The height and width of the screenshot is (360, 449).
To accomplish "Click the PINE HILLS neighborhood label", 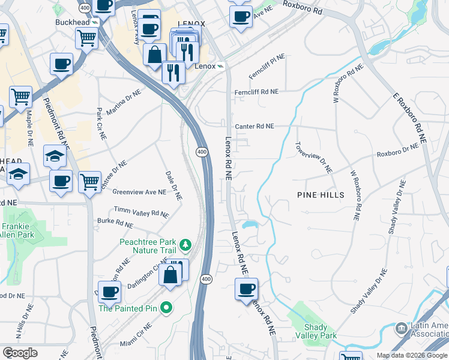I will click(x=321, y=195).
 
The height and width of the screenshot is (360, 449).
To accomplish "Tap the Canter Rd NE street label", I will click(x=254, y=127).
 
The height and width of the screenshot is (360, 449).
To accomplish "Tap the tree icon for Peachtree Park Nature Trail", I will click(x=186, y=244).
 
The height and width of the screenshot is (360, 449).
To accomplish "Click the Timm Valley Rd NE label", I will click(x=142, y=213).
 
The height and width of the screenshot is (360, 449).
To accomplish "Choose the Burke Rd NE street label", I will click(x=115, y=223).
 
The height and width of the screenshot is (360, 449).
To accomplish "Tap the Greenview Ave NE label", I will click(x=139, y=193).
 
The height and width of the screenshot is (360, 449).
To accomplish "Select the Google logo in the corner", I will click(x=20, y=352).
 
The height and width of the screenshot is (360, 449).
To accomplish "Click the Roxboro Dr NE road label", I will click(x=397, y=151).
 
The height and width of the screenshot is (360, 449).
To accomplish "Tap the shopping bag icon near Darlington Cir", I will click(x=170, y=275).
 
